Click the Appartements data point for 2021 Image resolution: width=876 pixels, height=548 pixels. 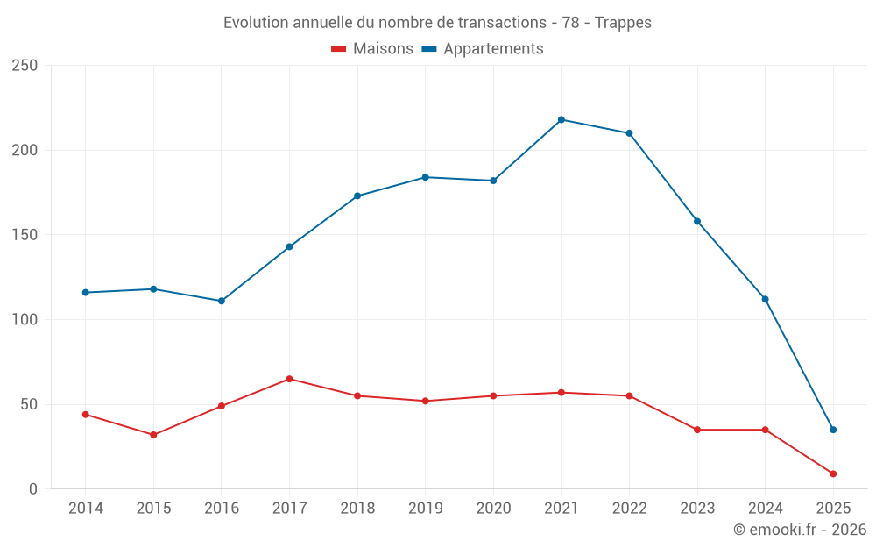(562, 119)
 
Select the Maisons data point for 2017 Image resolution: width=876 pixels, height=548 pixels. (289, 379)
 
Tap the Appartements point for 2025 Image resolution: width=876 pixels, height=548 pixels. (833, 430)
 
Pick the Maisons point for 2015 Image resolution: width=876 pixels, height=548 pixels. (153, 435)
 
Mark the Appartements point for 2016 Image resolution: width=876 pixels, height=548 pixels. (222, 301)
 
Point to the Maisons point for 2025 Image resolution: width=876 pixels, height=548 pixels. (833, 473)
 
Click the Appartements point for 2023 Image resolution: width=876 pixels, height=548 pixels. (697, 221)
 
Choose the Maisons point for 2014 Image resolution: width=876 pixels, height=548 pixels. (86, 414)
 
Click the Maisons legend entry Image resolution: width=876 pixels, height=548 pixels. (372, 49)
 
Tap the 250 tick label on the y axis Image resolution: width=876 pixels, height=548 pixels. (25, 66)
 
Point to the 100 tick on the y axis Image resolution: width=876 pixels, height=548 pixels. (25, 320)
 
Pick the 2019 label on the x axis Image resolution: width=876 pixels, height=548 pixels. (426, 509)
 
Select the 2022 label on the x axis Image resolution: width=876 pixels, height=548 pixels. (629, 509)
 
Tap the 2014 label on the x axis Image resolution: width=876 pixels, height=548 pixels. (86, 509)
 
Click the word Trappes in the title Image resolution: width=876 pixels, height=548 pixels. (623, 23)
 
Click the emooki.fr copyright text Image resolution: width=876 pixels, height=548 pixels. (800, 530)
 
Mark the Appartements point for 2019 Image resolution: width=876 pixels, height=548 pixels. (426, 177)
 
